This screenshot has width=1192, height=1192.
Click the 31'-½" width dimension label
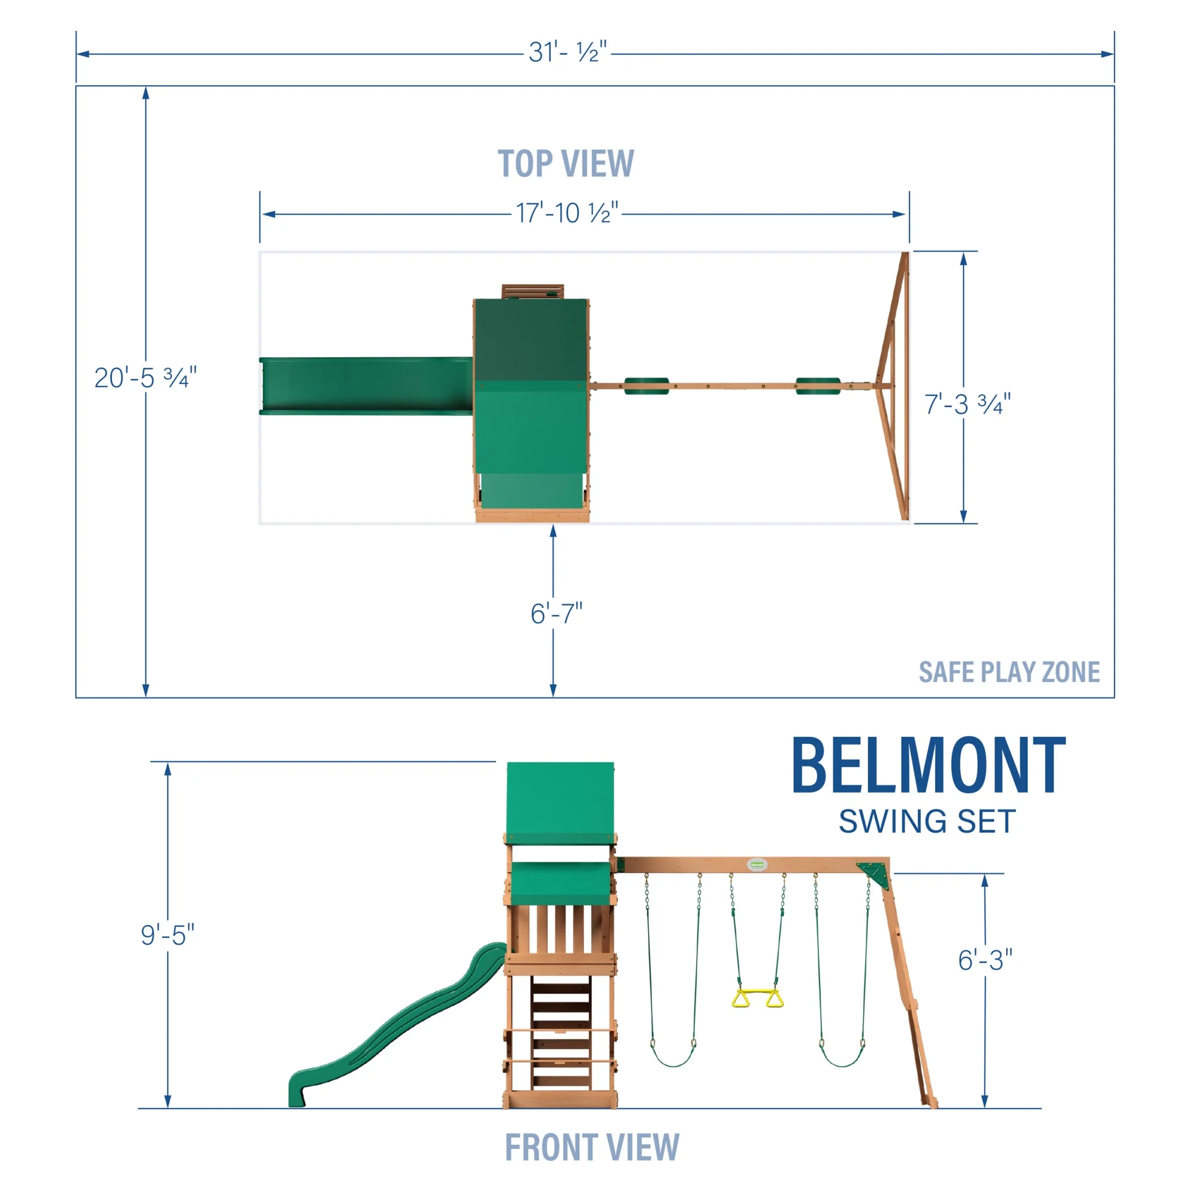567,52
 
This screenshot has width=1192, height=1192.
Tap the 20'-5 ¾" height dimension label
145,378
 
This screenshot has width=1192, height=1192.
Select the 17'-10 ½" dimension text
566,213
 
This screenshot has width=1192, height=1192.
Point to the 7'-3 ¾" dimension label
967,404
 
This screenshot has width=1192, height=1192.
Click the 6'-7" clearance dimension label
556,613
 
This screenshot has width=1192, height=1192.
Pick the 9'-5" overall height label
167,935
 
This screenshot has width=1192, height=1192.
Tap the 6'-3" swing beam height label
985,960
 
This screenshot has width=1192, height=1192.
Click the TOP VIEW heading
565,164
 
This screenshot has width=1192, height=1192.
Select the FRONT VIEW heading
592,1147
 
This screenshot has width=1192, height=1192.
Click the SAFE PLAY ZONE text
1009,672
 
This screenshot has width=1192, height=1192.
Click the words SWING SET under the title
927,822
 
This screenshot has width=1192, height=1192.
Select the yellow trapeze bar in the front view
758,998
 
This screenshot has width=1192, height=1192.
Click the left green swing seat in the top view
646,386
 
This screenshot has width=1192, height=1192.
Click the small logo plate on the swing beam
756,864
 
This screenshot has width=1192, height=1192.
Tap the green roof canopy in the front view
560,802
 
